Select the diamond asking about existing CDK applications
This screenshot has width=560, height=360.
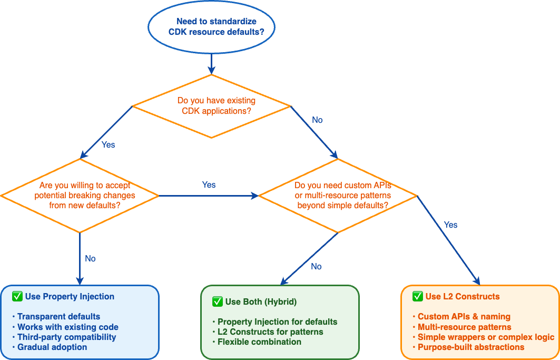[211, 106]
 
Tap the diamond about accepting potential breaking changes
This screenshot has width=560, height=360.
[80, 196]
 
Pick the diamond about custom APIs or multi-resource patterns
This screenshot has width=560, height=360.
[338, 196]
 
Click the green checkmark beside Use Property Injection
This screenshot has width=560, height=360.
[17, 296]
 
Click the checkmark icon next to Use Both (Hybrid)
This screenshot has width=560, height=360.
[218, 301]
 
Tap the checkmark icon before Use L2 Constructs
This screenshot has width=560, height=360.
[418, 296]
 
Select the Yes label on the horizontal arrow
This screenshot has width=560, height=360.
[209, 185]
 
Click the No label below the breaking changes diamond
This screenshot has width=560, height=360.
[90, 259]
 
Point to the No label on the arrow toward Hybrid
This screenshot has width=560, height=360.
[316, 267]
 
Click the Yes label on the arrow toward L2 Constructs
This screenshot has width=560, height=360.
[450, 225]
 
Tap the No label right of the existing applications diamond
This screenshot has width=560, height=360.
[317, 120]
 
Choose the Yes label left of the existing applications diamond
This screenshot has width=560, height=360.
[108, 144]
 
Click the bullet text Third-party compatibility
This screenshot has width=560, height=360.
[66, 337]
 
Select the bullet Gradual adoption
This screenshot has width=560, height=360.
[52, 347]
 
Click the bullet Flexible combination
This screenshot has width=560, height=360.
[259, 342]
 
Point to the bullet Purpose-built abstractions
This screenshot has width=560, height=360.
[471, 347]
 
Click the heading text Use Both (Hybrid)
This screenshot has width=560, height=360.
[261, 301]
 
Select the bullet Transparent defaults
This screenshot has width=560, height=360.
[58, 317]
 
